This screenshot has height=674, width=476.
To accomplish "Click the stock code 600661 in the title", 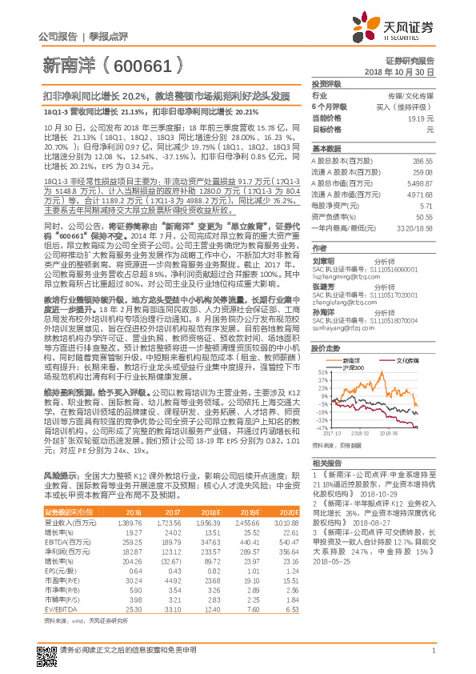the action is tap(147, 63).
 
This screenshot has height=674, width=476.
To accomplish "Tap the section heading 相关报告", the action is tap(328, 463).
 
